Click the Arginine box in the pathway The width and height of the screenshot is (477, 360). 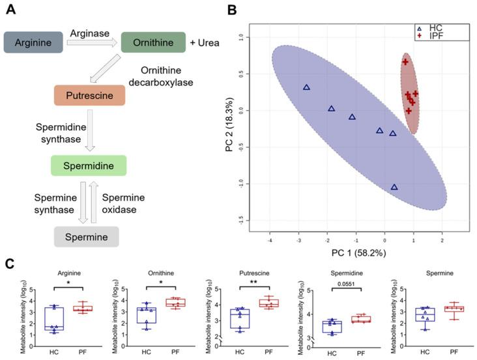pos(33,42)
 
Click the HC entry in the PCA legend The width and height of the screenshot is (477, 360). pos(436,29)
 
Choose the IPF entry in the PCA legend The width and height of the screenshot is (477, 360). pos(436,37)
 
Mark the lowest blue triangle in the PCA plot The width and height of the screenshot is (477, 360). pos(394,187)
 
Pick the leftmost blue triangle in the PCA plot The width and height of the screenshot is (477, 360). pos(306,87)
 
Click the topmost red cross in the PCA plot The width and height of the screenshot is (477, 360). pos(405,62)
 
